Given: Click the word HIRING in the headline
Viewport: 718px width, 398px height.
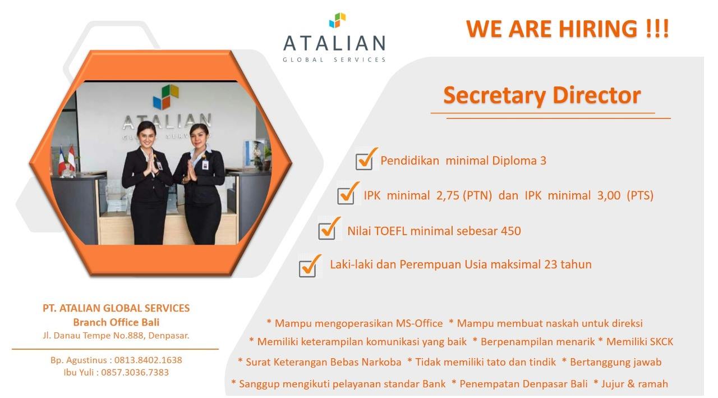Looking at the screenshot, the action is coord(598,29).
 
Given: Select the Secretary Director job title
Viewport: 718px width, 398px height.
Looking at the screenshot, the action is coord(542,95).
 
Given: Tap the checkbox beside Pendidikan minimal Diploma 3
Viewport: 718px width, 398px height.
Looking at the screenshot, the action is coord(364,162).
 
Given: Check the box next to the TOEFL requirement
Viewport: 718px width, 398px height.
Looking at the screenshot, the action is coord(326,231).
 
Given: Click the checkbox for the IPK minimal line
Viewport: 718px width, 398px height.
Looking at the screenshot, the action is coord(346,196).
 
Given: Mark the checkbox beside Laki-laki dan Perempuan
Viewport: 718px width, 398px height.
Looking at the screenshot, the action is coord(307,268).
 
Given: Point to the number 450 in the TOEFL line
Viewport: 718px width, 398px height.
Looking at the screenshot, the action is coord(511,231).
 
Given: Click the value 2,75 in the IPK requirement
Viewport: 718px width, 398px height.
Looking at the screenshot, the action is coord(448,196).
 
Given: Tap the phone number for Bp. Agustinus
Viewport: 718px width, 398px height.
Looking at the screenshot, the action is coord(148,360).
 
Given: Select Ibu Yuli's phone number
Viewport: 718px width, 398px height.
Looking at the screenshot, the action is coord(135,372).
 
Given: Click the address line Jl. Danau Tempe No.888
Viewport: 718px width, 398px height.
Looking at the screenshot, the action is coord(116,336).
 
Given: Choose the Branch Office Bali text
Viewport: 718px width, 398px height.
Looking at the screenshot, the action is coord(116,322).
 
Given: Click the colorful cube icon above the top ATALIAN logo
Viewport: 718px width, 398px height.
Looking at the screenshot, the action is coord(337,20).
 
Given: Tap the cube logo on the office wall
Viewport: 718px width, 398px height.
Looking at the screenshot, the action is coord(165,97).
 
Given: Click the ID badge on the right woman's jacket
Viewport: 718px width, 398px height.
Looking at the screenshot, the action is coord(205,165).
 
